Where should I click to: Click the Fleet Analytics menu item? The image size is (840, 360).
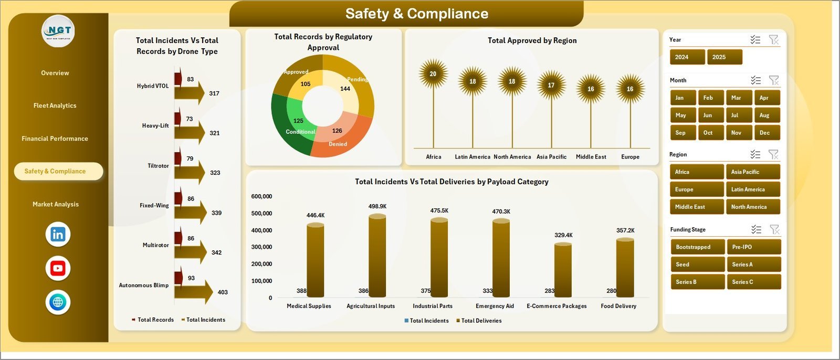(x=55, y=105)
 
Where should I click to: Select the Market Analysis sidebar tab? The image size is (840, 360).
(x=56, y=204)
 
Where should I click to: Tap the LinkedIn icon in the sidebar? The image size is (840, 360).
(x=58, y=235)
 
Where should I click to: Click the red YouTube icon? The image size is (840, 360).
(x=58, y=268)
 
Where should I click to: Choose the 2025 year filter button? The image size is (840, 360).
(x=724, y=57)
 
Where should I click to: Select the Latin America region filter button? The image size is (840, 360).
(x=752, y=189)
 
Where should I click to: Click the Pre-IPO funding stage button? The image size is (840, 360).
(x=753, y=247)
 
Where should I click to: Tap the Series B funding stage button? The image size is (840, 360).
(x=697, y=282)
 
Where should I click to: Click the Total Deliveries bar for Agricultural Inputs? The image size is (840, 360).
(x=377, y=256)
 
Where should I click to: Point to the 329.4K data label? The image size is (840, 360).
(x=563, y=235)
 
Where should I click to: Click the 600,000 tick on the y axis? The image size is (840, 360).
(x=261, y=196)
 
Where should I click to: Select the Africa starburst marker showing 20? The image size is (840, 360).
(x=433, y=74)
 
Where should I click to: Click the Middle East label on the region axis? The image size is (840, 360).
(x=591, y=157)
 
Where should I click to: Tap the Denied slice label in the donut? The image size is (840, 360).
(x=338, y=144)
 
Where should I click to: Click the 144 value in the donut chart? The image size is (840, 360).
(x=345, y=89)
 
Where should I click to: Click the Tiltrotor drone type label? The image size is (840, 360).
(x=158, y=166)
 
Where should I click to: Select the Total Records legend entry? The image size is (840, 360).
(x=153, y=320)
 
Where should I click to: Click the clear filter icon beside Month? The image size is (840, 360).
(x=774, y=80)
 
